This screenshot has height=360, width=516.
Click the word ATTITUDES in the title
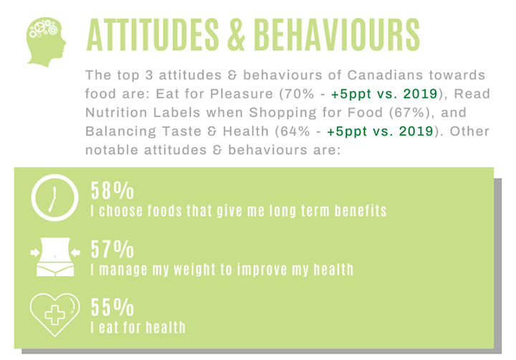(153, 35)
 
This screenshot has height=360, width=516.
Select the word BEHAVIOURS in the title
(337, 35)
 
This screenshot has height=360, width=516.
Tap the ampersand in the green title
(236, 35)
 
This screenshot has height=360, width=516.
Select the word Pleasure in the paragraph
(242, 94)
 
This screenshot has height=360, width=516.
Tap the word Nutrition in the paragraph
(116, 113)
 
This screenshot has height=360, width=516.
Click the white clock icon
(54, 198)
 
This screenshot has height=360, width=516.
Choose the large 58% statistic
(113, 191)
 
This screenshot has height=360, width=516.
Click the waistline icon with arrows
(55, 257)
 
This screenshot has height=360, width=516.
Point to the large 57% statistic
(113, 250)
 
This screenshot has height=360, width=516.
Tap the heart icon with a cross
(54, 315)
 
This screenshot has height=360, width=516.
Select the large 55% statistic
(113, 308)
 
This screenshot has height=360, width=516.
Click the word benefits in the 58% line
(360, 211)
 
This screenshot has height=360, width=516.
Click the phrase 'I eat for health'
(138, 328)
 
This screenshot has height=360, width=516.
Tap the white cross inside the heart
(54, 315)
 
